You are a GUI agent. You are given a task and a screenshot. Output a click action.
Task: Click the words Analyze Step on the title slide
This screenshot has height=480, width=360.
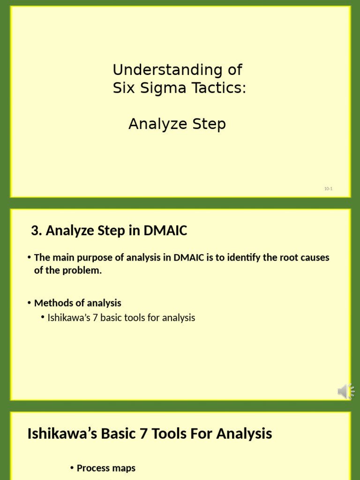pos(177,124)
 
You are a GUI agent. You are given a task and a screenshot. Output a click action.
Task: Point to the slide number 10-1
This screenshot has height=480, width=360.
pos(328,188)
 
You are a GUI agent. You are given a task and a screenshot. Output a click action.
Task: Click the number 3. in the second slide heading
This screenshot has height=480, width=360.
pos(37,231)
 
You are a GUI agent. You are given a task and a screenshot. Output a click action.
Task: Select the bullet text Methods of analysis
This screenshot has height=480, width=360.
pos(77,303)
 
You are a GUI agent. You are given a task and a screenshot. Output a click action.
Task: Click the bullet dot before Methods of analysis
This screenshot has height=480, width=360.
pos(29,303)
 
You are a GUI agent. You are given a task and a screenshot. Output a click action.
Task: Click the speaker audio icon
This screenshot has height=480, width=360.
pos(346,391)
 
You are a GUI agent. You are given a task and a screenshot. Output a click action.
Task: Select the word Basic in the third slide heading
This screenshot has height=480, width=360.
pos(110,434)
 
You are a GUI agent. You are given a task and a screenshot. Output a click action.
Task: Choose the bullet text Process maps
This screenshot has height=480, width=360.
pos(106,468)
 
